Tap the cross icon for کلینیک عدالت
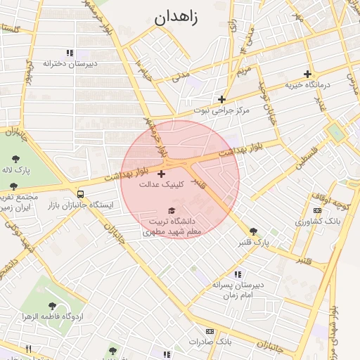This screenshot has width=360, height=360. tap(162, 174)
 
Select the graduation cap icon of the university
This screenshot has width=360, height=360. tap(172, 210)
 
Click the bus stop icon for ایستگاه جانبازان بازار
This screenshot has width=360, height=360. tap(81, 194)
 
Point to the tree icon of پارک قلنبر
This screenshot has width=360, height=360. tap(253, 231)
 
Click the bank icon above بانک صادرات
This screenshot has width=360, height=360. tap(210, 331)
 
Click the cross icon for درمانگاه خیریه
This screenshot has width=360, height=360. tap(307, 74)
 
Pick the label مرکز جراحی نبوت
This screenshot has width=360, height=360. tap(222, 110)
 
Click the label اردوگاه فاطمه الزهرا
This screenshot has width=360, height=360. tap(53, 316)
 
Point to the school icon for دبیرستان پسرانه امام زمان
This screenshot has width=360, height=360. tap(238, 274)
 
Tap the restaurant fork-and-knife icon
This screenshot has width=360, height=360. tap(29, 349)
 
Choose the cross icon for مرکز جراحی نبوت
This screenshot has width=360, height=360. tap(222, 99)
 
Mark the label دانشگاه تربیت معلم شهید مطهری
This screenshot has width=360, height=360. tap(172, 225)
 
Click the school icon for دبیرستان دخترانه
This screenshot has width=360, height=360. tap(69, 53)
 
